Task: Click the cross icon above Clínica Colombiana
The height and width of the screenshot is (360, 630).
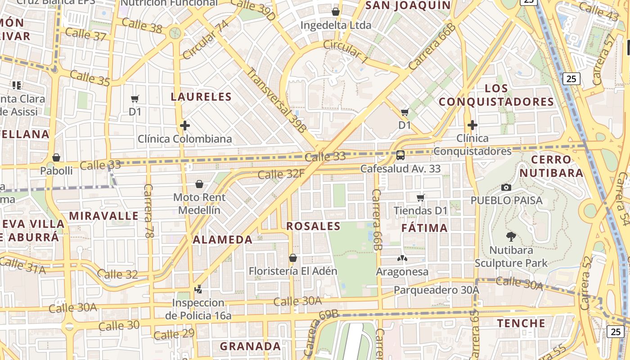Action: [x=184, y=126]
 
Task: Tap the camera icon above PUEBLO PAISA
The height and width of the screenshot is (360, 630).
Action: [x=506, y=187]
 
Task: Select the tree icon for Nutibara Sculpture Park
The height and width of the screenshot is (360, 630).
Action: [x=511, y=237]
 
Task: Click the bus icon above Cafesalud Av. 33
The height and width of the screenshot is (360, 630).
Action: [x=400, y=156]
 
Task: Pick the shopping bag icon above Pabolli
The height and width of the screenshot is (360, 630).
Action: [x=56, y=157]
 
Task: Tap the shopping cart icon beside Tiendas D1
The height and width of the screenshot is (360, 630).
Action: [x=421, y=198]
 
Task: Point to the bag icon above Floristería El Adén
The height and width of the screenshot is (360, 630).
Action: [x=293, y=258]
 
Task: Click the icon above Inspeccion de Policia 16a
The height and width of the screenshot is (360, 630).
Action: [x=198, y=289]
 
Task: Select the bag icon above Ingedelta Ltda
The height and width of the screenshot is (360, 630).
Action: [x=336, y=12]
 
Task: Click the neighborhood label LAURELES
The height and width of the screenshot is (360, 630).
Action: [x=202, y=97]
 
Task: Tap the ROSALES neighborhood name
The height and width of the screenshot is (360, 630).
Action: [x=313, y=226]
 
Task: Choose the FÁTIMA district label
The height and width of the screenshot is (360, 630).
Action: [x=425, y=228]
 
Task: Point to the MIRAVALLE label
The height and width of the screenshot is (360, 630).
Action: [x=104, y=216]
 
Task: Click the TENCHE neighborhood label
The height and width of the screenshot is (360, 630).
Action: [x=521, y=323]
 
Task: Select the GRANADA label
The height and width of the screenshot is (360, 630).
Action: [x=250, y=346]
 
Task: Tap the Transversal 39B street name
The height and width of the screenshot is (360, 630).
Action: [x=276, y=99]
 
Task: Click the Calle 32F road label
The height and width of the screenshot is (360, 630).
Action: [x=281, y=174]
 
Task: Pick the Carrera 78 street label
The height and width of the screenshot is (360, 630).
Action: [x=148, y=211]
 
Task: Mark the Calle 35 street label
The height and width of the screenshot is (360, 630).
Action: [x=90, y=78]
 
